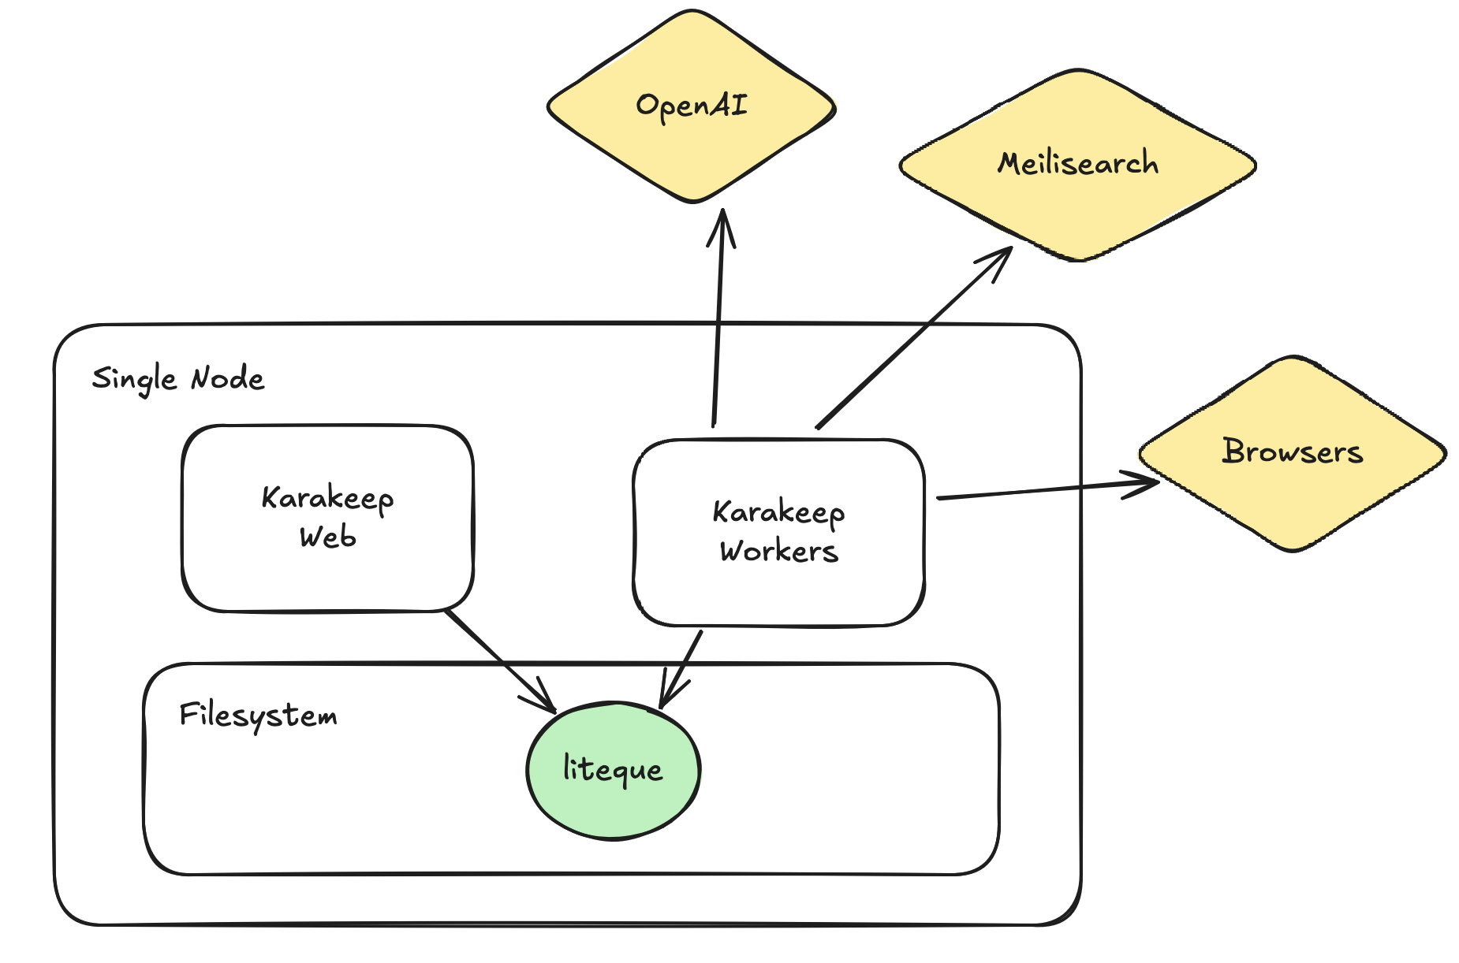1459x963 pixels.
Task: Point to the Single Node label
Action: coord(178,379)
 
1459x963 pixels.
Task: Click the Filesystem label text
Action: coord(258,716)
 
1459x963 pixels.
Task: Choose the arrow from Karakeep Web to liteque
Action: coord(497,658)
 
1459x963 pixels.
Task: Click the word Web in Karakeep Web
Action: coord(327,537)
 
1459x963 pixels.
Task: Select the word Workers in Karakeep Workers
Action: coord(778,551)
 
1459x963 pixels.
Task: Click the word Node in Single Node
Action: coord(228,379)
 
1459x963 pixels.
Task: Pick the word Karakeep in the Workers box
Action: coord(778,512)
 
